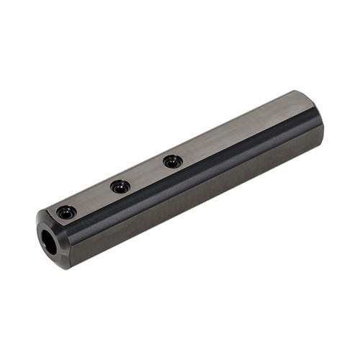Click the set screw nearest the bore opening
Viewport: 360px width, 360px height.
pos(66,212)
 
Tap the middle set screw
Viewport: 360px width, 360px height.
pos(120,186)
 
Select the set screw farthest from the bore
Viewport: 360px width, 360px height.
pos(172,161)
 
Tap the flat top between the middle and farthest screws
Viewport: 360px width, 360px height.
pos(146,173)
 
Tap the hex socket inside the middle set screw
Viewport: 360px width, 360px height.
pos(120,187)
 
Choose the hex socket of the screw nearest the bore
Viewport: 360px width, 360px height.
pos(66,213)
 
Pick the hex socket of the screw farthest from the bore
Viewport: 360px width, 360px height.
pos(172,162)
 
